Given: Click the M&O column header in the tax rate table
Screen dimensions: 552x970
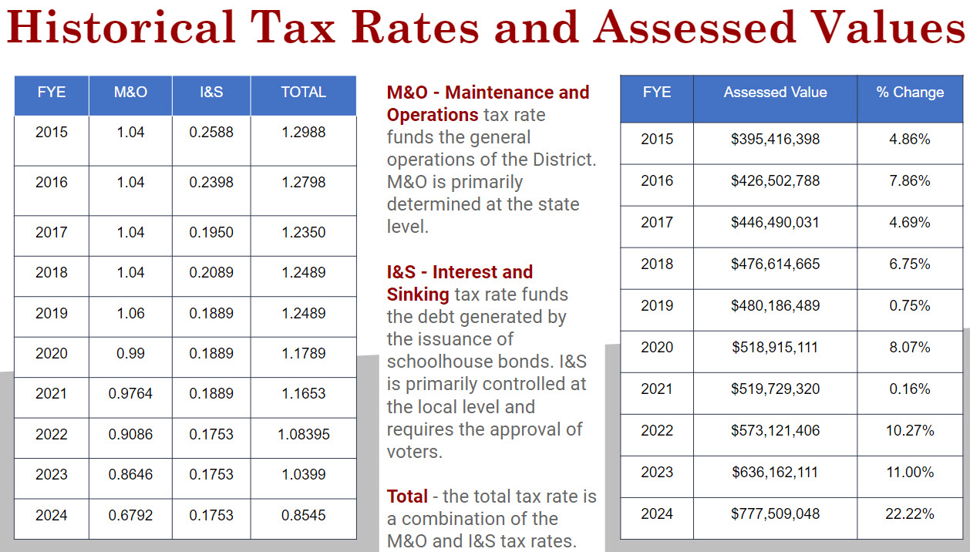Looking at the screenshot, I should (x=130, y=92).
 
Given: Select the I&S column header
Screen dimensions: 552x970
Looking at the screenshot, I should (x=211, y=92).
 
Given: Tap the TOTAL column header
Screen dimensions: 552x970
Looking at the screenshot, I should (x=303, y=92).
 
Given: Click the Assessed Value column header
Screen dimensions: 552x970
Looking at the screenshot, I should (x=775, y=93).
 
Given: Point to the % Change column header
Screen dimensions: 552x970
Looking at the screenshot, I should (x=910, y=93).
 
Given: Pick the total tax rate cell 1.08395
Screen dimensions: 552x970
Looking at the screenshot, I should (x=303, y=434).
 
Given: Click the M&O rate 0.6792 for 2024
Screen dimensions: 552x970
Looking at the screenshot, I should (x=130, y=514).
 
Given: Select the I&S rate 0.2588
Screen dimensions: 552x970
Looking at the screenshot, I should (x=211, y=132).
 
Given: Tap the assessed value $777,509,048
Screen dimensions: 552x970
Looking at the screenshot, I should (x=775, y=513).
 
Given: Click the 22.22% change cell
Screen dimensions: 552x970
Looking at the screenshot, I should (x=910, y=513).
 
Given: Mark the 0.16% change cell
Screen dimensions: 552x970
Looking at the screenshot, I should (x=910, y=389).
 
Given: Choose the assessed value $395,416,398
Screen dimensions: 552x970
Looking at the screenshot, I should (x=775, y=139).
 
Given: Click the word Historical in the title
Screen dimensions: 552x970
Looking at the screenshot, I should (x=120, y=28).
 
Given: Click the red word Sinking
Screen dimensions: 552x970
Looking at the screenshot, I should (x=418, y=295).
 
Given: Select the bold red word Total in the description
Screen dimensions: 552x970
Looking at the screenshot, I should (x=407, y=496).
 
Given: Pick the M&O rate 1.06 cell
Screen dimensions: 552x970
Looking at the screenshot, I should (x=130, y=313).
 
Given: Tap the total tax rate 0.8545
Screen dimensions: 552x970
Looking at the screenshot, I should (x=303, y=514).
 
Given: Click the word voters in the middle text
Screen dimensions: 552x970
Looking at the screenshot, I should (x=414, y=452).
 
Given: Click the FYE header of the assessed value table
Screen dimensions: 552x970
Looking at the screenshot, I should (x=657, y=93).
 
